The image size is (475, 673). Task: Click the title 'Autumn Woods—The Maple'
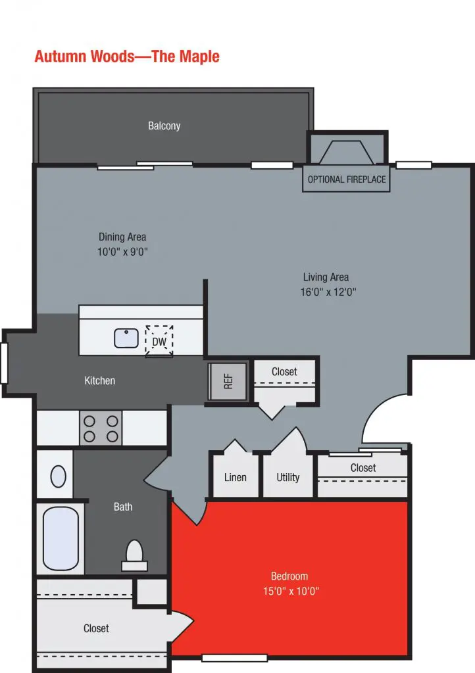[127, 57]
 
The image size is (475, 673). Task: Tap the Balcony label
[164, 126]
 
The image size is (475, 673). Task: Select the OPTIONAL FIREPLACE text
[347, 179]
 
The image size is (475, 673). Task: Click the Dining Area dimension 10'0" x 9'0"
[123, 252]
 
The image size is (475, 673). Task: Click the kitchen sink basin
[126, 338]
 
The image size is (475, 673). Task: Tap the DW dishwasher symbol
[159, 341]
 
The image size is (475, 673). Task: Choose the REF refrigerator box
[228, 381]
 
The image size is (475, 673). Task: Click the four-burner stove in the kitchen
[101, 428]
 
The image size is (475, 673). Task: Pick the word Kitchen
[100, 381]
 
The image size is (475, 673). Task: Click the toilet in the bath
[135, 553]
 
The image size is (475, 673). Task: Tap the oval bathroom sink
[59, 476]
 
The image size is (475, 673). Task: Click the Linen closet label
[235, 477]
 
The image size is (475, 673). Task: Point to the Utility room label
[288, 477]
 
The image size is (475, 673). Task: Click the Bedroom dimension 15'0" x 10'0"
[290, 591]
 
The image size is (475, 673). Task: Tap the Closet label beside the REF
[284, 372]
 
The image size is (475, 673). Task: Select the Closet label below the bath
[96, 629]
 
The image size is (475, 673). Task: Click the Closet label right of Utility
[363, 468]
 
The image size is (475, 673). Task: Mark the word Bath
[123, 507]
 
